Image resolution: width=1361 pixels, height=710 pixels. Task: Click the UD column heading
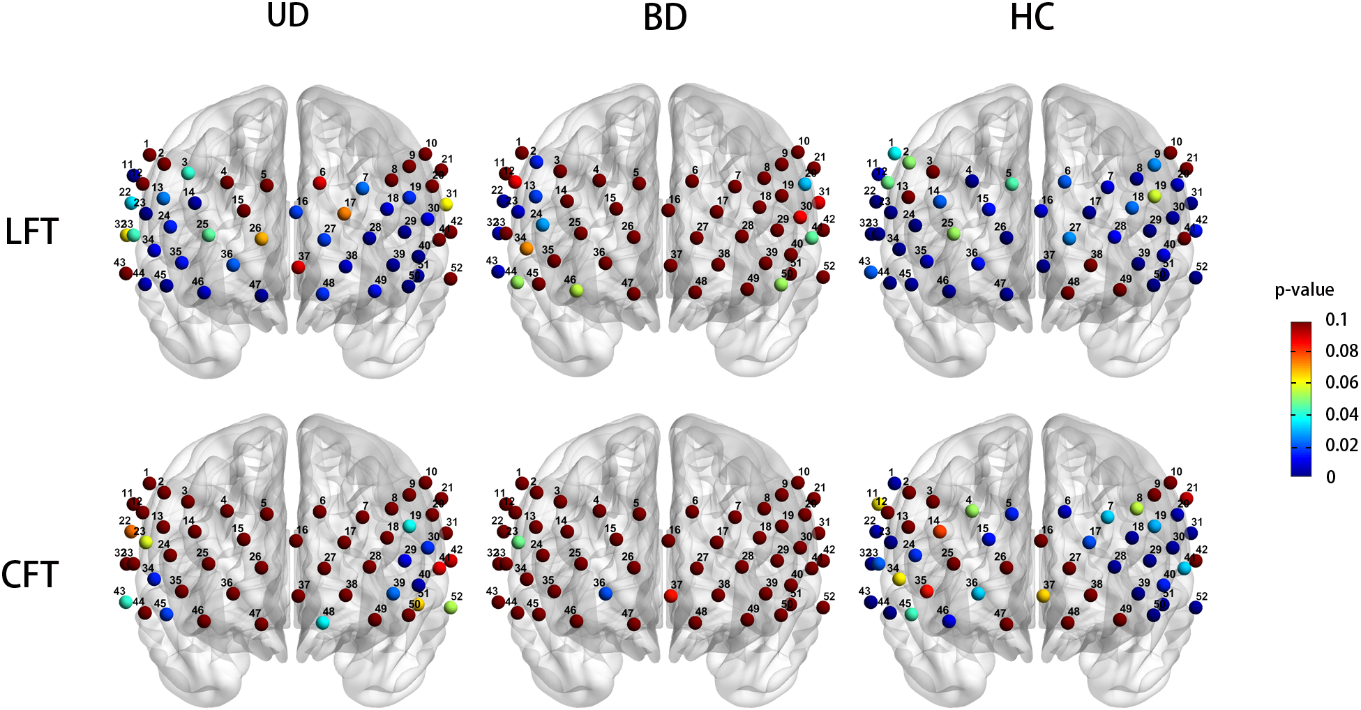click(287, 15)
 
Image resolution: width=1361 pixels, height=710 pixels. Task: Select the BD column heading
click(665, 17)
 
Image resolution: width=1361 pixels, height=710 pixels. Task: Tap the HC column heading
click(1032, 17)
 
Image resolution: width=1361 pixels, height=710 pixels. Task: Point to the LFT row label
click(31, 232)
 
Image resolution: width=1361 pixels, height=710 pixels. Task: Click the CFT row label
click(29, 575)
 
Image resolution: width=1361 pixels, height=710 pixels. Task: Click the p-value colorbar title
click(1304, 290)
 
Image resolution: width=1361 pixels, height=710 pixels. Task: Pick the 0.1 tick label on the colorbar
click(1336, 320)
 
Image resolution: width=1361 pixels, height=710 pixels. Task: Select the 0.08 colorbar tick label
click(1341, 351)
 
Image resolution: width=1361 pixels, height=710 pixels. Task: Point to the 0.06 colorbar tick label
click(1341, 382)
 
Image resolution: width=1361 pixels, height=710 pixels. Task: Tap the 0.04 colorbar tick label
click(1341, 414)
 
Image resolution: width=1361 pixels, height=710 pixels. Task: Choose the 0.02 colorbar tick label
click(1341, 445)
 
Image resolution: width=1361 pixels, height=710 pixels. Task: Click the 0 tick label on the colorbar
click(1330, 477)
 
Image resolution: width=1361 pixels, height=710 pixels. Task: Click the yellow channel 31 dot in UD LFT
click(446, 204)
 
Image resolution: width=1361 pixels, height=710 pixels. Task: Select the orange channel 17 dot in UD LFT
click(345, 213)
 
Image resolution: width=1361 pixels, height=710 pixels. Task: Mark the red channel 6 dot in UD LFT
click(319, 183)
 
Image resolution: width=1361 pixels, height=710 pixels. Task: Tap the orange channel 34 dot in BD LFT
click(527, 248)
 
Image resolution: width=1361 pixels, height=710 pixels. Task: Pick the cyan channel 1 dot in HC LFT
click(894, 153)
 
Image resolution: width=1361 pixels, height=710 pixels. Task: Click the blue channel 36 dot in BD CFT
click(606, 594)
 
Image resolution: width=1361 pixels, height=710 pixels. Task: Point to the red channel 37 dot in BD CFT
click(671, 596)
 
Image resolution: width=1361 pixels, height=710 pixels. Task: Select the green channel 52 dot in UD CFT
click(451, 607)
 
